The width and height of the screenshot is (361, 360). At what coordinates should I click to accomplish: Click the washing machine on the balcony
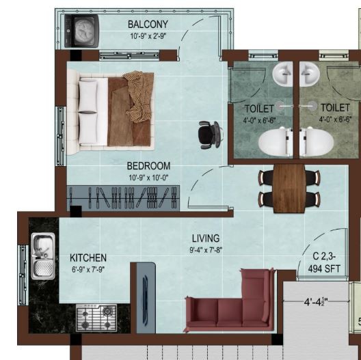pyautogui.click(x=82, y=31)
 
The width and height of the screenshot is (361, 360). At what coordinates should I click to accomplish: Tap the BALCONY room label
pyautogui.click(x=148, y=25)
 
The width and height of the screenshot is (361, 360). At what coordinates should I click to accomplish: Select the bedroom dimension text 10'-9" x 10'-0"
pyautogui.click(x=148, y=178)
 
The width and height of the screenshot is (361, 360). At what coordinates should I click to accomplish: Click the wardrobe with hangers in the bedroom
pyautogui.click(x=123, y=198)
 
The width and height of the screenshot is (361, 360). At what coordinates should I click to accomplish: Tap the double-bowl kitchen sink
pyautogui.click(x=43, y=255)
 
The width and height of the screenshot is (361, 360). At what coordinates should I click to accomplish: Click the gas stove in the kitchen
pyautogui.click(x=96, y=318)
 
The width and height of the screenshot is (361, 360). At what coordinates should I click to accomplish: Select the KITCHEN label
pyautogui.click(x=88, y=258)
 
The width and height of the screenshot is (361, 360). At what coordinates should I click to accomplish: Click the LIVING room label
pyautogui.click(x=206, y=238)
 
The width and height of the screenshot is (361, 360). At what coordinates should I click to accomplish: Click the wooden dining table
pyautogui.click(x=289, y=189)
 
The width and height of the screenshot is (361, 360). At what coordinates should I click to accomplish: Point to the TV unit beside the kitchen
pyautogui.click(x=146, y=298)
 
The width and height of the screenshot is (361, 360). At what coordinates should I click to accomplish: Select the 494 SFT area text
pyautogui.click(x=324, y=268)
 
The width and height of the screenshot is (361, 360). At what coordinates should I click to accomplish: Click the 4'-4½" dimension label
pyautogui.click(x=316, y=301)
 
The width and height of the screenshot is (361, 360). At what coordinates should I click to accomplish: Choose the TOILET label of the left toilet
pyautogui.click(x=259, y=109)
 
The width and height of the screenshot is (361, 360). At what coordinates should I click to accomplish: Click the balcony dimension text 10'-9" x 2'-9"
pyautogui.click(x=148, y=36)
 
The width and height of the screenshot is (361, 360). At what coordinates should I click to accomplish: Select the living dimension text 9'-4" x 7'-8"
pyautogui.click(x=206, y=250)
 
